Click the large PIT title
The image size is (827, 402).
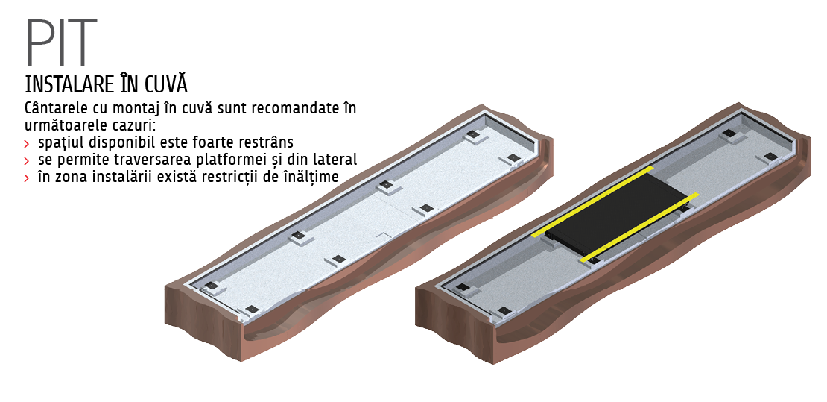pyautogui.click(x=61, y=43)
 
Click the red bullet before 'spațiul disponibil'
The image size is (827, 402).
pyautogui.click(x=27, y=144)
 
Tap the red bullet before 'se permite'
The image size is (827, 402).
pyautogui.click(x=27, y=160)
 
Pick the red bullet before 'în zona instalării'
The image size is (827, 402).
pyautogui.click(x=27, y=178)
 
